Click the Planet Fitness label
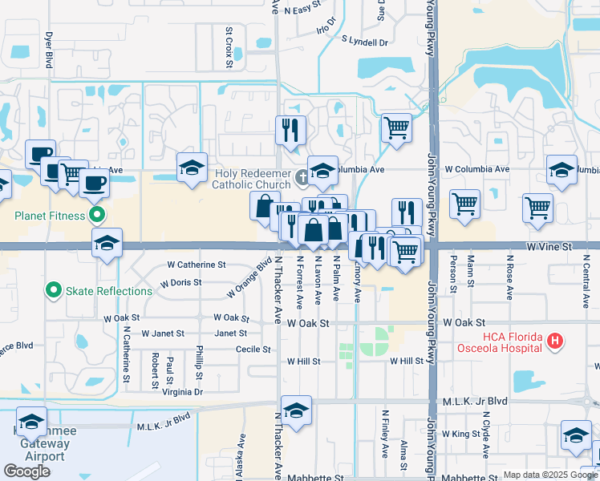coord(49,215)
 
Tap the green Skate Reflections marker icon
coord(55,290)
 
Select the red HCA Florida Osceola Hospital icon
coord(553,342)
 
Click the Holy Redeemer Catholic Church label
coord(251,179)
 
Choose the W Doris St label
coord(180,283)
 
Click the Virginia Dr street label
coord(183,392)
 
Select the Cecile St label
coord(253,349)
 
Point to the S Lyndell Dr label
coord(364,39)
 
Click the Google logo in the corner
coord(26,471)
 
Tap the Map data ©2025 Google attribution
coord(539,475)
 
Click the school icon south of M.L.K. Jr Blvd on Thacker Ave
coord(296,411)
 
